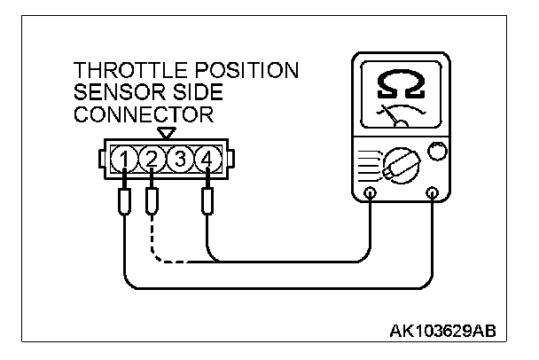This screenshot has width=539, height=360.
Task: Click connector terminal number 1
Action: coord(126,160)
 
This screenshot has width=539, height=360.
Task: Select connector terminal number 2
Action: coord(152,160)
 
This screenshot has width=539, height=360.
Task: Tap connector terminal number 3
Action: coord(180,160)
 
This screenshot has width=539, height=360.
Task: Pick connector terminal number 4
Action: coord(207,160)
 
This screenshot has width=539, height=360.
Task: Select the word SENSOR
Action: coord(116,93)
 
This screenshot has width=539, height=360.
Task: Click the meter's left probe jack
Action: coord(371,192)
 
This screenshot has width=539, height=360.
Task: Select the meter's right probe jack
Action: coord(434,192)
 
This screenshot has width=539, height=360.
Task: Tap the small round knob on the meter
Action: coord(437,153)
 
